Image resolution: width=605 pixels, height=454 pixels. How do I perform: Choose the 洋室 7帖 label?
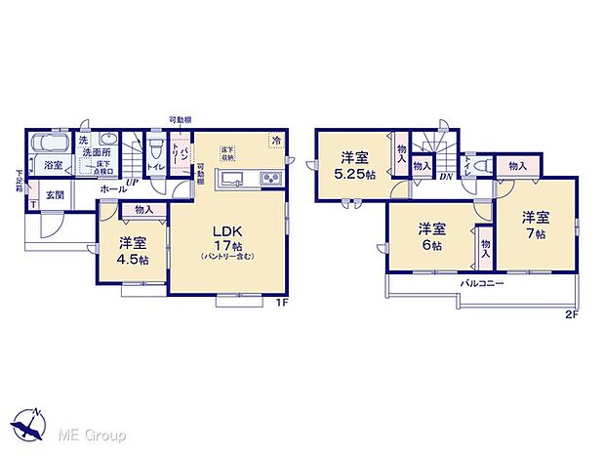534,224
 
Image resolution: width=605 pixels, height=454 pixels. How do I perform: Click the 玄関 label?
57,195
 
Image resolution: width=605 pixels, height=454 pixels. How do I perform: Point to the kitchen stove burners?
269,179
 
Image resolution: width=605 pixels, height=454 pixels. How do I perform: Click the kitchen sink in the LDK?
234,179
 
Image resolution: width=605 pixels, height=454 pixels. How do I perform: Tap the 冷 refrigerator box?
276,141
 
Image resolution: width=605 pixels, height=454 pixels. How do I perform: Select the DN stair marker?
444,175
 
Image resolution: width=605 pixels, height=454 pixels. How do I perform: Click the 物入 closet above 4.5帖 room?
143,210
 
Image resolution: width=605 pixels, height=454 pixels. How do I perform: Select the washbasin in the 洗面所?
108,139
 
